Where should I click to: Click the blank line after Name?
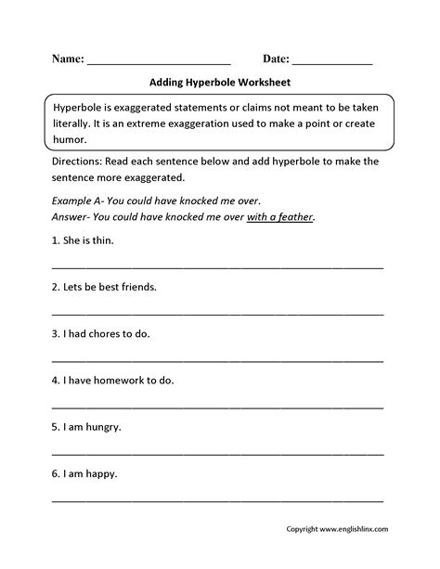point(157,62)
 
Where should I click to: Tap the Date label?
point(271,58)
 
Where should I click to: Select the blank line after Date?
point(332,62)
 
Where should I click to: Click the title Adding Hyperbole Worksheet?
point(219,82)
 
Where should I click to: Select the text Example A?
point(79,200)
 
